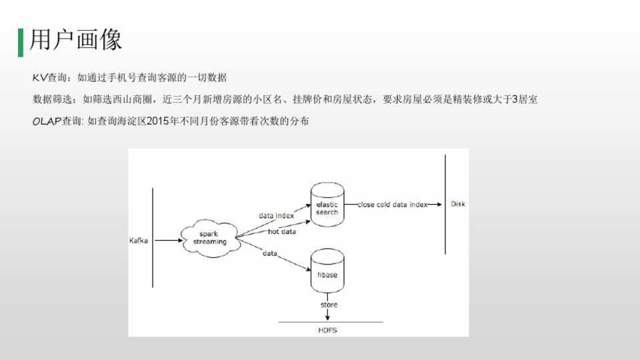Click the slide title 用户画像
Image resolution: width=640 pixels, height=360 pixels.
pos(76,41)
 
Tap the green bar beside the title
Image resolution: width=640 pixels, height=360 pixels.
pos(20,41)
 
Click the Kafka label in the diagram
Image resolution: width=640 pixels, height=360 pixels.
pos(138,240)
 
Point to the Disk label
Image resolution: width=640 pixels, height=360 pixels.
pos(458,204)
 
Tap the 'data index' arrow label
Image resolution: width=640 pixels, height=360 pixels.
pos(276,216)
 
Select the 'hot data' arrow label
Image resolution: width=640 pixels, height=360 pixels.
pos(281,232)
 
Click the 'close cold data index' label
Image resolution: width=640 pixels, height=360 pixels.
pos(392,205)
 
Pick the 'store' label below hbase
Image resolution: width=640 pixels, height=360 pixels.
pos(329,305)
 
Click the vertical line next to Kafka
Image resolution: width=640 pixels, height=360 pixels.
pos(153,237)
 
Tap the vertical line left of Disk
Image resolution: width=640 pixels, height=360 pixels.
pos(444,204)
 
